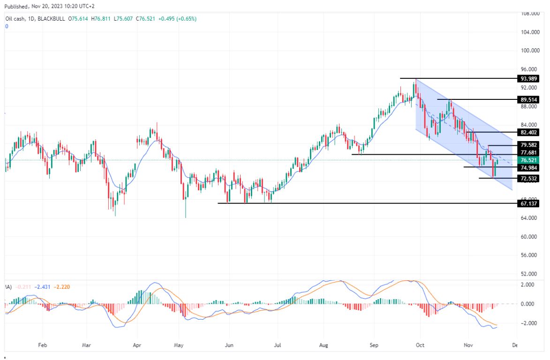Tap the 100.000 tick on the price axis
[529, 51]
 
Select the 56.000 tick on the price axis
[529, 255]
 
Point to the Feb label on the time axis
[42, 346]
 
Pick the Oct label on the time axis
[421, 346]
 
